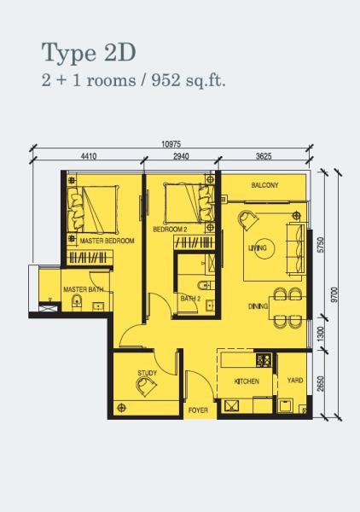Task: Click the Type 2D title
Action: tap(89, 53)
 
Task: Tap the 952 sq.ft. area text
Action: tap(189, 81)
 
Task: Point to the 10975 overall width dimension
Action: tap(171, 144)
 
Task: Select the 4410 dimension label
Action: tap(89, 156)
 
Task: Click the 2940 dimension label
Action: tap(181, 156)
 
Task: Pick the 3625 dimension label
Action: tap(264, 156)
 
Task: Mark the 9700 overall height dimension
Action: tap(334, 295)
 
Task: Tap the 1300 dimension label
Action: tap(321, 334)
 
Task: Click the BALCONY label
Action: tap(264, 185)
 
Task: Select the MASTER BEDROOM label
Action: tap(107, 241)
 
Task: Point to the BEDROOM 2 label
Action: tap(170, 230)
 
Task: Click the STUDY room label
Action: tap(148, 373)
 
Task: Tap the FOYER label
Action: tap(198, 410)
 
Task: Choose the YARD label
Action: tap(295, 380)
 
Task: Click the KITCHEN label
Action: tap(247, 381)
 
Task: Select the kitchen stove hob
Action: tap(264, 360)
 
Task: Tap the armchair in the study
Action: tap(146, 387)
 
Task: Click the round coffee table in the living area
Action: tap(264, 248)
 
